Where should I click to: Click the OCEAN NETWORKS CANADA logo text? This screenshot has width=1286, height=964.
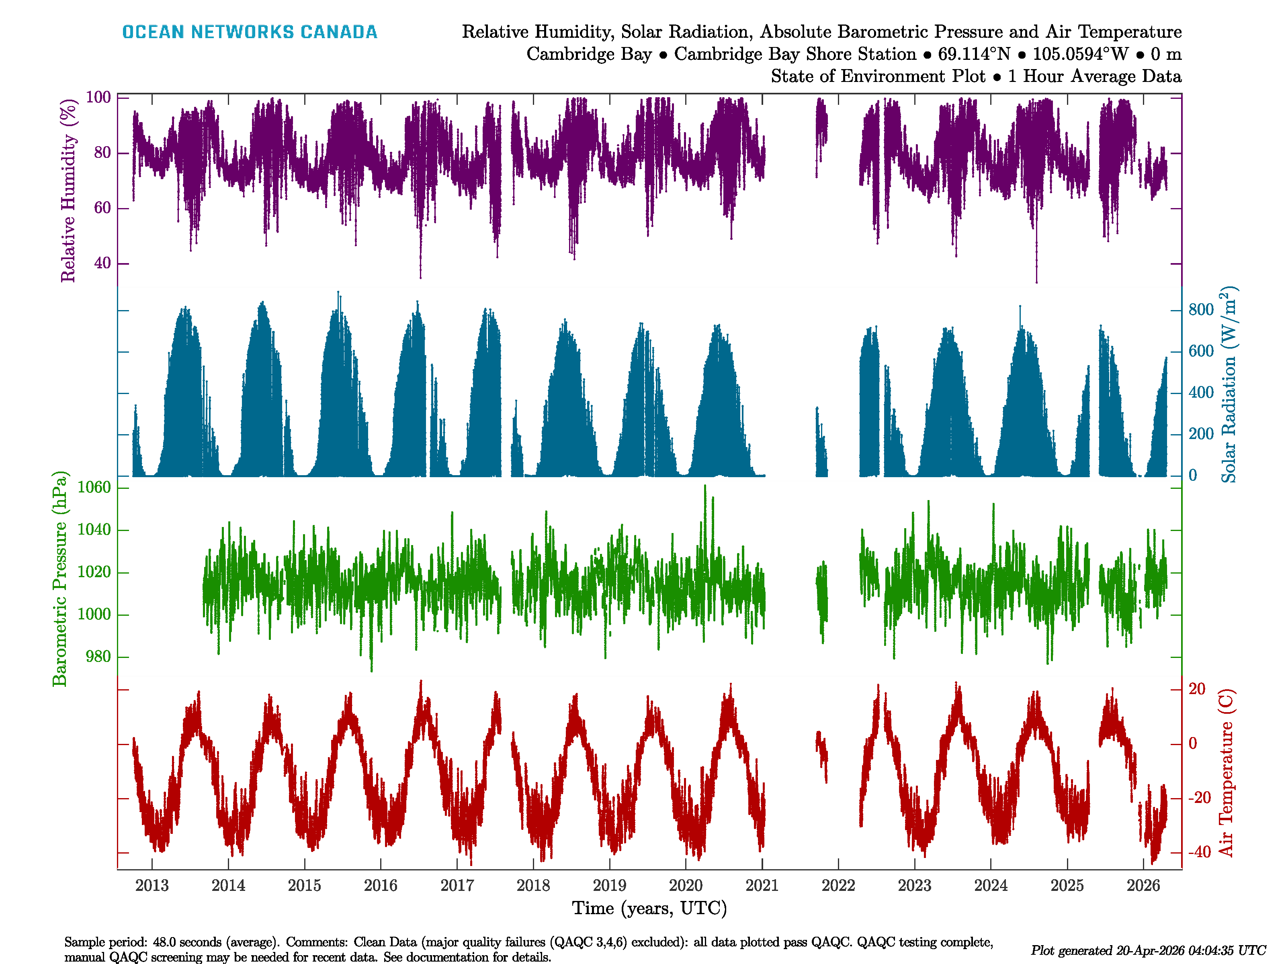[250, 32]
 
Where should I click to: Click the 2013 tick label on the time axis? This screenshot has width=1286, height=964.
[152, 886]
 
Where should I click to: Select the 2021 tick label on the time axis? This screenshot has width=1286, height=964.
[762, 886]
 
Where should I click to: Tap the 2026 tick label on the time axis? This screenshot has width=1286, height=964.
[1143, 886]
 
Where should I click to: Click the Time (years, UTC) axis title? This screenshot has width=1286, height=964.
[649, 908]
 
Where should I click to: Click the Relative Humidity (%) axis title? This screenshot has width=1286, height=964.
[69, 191]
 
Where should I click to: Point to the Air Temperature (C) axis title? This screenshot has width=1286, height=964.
[1226, 773]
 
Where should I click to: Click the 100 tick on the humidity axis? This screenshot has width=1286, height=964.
[98, 98]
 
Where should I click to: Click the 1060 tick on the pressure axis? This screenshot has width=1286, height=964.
[94, 488]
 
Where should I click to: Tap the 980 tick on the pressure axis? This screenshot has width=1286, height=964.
[98, 657]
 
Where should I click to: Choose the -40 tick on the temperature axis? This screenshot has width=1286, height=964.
[1199, 852]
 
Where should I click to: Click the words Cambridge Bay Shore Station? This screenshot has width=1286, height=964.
[795, 54]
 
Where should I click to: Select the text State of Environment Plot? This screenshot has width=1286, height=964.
[878, 76]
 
